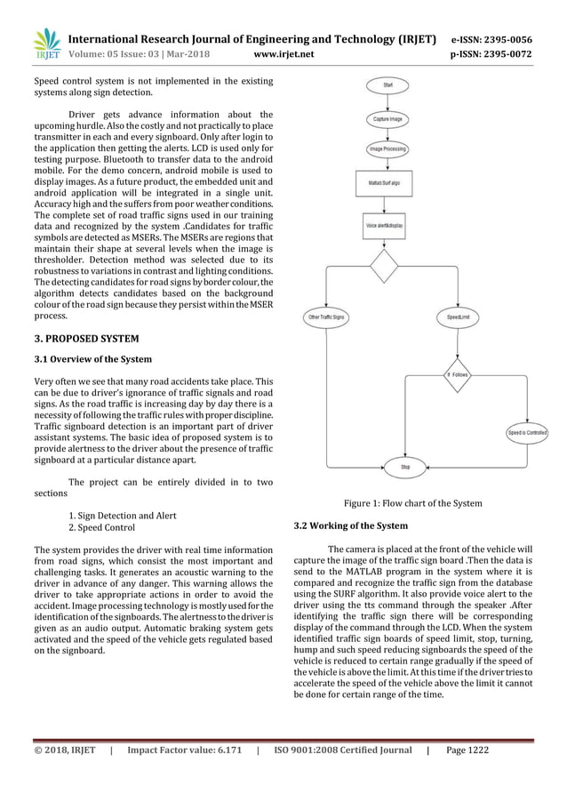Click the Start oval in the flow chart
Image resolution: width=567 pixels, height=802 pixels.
388,84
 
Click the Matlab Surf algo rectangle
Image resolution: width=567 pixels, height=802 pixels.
388,182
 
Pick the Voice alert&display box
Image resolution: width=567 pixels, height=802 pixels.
388,226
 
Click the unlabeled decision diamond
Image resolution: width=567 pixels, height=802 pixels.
388,266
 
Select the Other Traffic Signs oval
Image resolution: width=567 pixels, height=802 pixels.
326,317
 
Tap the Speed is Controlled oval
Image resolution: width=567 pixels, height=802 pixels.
527,432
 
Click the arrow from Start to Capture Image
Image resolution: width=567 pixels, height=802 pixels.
388,100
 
